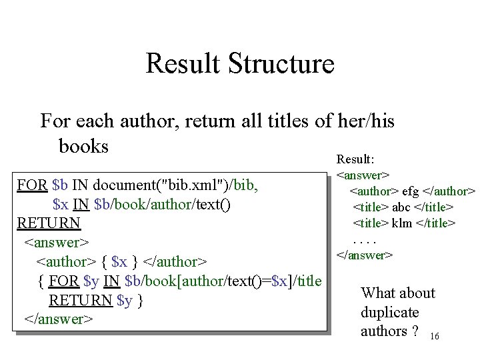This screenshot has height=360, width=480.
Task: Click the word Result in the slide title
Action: [182, 64]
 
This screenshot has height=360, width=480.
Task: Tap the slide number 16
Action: [435, 337]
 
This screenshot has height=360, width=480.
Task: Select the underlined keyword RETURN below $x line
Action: [49, 223]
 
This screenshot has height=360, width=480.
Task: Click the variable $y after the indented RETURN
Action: [125, 300]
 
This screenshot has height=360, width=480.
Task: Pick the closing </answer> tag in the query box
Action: [57, 319]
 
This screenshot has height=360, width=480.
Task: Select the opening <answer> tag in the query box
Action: [57, 242]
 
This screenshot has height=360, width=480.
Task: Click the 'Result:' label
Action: [355, 160]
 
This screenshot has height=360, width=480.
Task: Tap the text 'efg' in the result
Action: [410, 192]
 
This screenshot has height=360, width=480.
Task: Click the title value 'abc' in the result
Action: [402, 207]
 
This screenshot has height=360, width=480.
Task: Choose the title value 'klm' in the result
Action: [403, 223]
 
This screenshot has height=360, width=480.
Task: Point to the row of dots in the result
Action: [365, 239]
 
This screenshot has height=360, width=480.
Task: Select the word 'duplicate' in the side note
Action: [389, 312]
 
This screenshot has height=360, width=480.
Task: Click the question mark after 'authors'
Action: [415, 331]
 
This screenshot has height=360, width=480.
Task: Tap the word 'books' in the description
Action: [83, 145]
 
